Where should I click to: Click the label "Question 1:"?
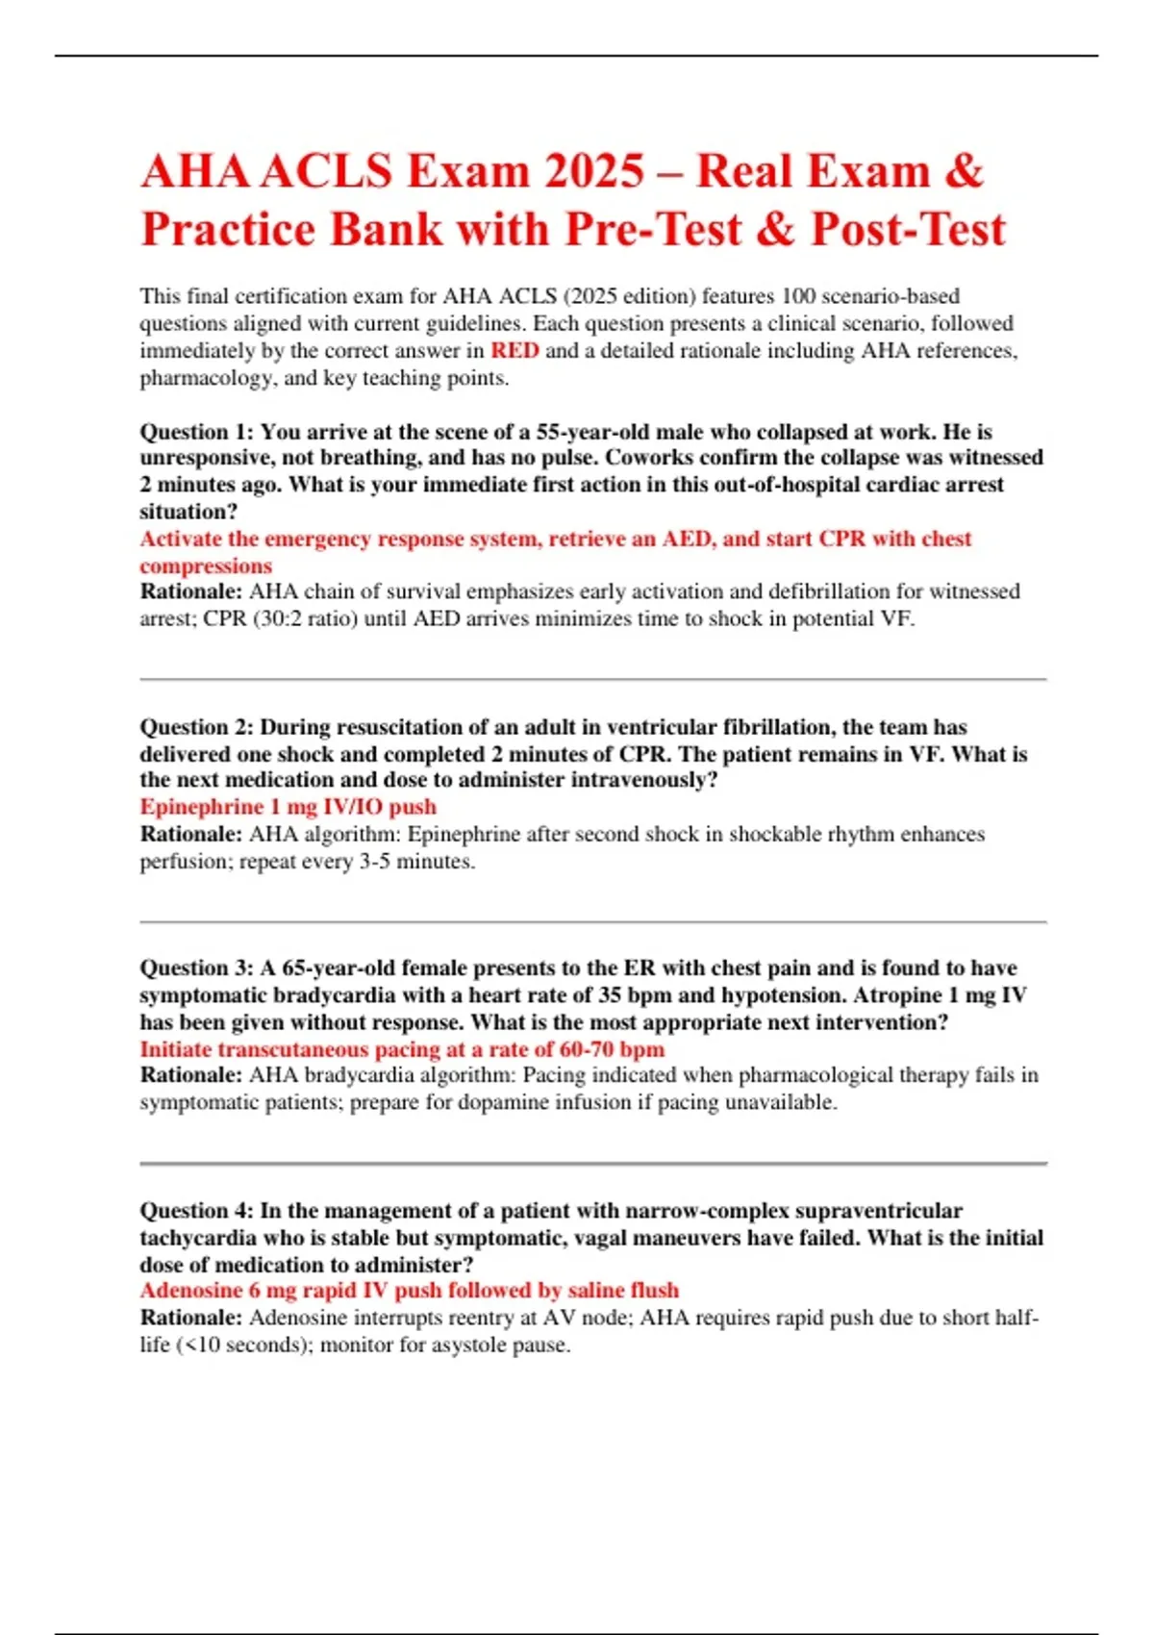click(196, 432)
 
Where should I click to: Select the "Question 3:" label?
click(196, 968)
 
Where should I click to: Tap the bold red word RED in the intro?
click(514, 351)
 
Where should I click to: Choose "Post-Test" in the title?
click(908, 230)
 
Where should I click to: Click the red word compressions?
click(206, 566)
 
